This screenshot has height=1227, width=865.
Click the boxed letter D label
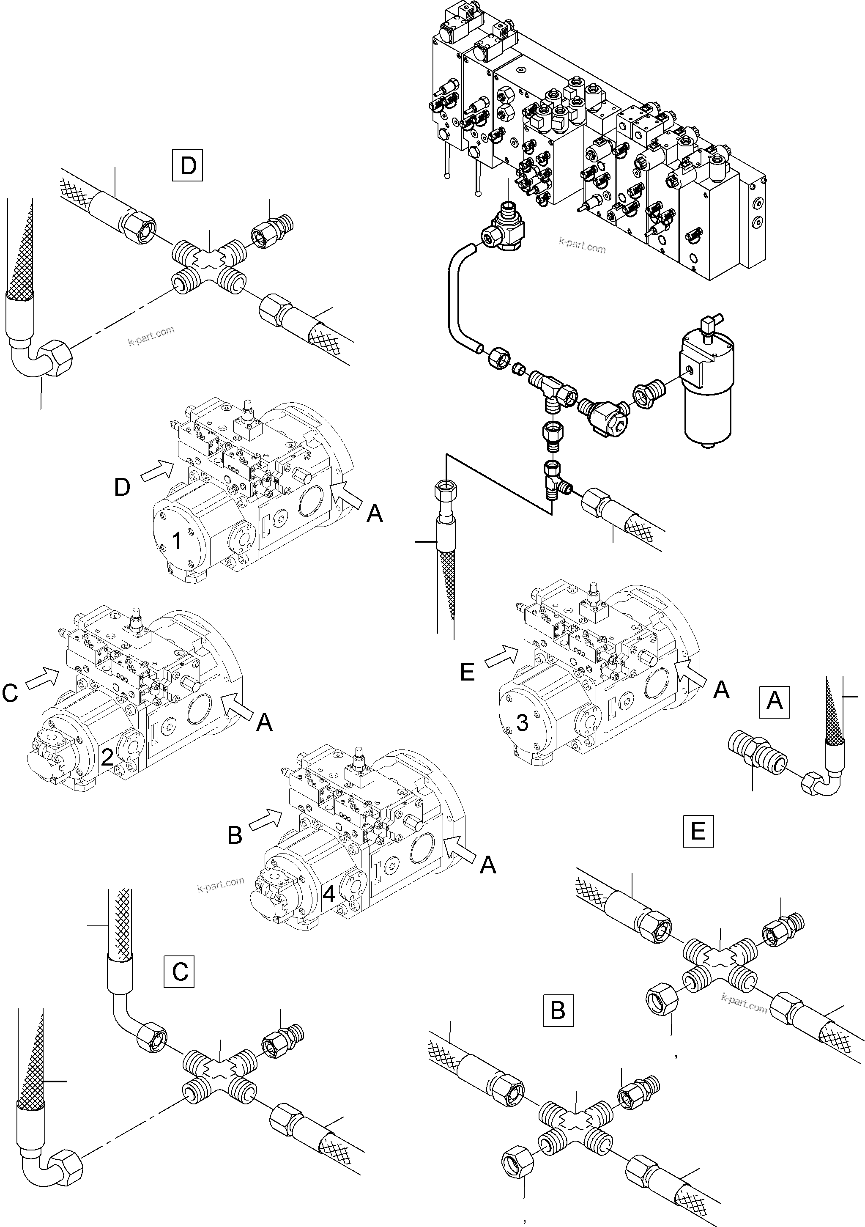[x=188, y=166]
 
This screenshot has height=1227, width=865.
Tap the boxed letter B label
[x=558, y=1010]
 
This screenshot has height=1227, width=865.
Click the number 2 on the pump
[x=107, y=757]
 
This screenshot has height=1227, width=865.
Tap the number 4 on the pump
[x=329, y=894]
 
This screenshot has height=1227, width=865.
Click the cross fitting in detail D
[x=209, y=263]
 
